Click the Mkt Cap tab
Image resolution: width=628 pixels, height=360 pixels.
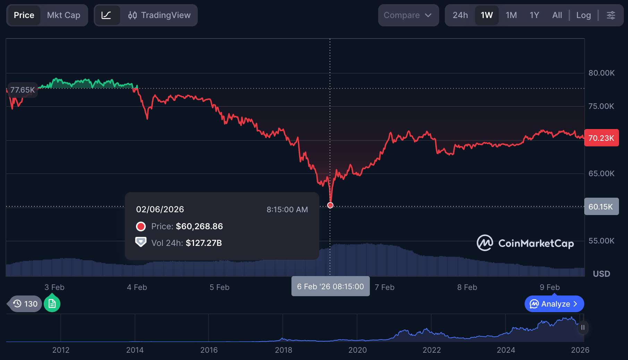63,15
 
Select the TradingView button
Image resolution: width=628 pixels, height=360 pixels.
159,15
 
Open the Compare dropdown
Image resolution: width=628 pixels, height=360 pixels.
408,15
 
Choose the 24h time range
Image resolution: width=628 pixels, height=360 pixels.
460,15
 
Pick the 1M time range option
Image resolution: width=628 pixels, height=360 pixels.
511,15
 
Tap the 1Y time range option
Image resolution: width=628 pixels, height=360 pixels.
534,15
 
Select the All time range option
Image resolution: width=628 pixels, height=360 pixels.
557,15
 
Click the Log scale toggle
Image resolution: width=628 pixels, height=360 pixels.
583,15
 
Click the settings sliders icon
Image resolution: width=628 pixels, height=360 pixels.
611,15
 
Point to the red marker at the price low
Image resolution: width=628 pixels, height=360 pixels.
330,205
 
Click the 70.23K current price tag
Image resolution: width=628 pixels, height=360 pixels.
601,138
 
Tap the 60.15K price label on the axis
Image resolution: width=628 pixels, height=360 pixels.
601,207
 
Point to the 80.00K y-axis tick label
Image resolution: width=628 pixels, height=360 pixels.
601,73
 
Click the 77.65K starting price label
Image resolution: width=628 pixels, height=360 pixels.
23,90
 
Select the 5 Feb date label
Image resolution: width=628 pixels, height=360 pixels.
219,287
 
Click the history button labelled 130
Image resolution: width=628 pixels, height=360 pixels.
26,304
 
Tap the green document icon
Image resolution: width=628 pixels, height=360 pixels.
52,304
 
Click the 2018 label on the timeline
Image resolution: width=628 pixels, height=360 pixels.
283,350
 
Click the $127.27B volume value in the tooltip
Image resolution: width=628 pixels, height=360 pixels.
204,243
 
